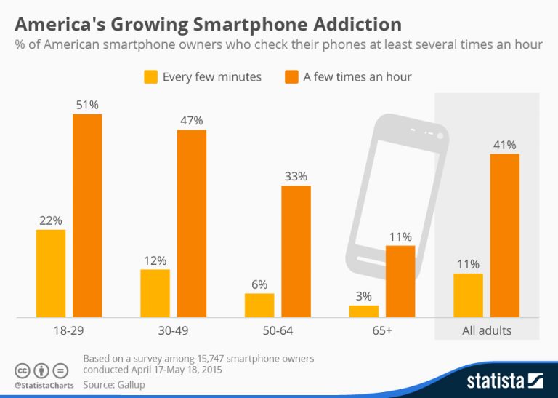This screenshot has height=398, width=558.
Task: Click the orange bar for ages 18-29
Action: [87, 215]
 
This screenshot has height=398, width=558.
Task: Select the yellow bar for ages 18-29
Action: [51, 274]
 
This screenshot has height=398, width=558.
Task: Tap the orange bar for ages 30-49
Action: [192, 223]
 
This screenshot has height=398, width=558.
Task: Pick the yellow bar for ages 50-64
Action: [259, 306]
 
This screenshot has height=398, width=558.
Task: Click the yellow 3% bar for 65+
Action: [364, 311]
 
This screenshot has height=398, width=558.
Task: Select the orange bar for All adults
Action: [505, 236]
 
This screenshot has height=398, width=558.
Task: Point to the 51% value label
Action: [87, 104]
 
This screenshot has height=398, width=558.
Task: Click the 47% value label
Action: [192, 120]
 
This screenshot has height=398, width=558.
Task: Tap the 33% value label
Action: [296, 176]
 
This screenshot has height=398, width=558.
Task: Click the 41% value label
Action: [505, 144]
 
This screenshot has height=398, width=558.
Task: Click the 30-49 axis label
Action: [174, 330]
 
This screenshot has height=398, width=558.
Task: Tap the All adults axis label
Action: [487, 330]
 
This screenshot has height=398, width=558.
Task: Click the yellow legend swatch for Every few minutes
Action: [151, 76]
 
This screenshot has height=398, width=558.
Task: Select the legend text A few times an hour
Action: [357, 76]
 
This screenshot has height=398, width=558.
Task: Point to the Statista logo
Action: [504, 380]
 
